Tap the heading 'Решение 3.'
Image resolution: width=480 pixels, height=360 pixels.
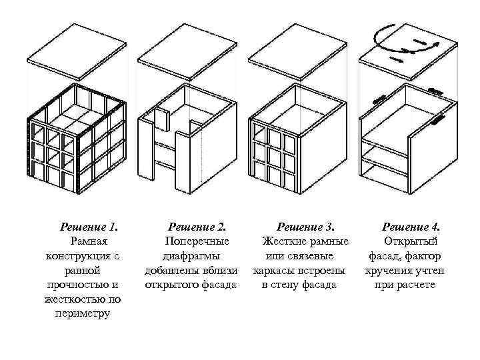click(x=305, y=227)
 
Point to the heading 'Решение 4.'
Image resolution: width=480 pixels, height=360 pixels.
click(x=409, y=227)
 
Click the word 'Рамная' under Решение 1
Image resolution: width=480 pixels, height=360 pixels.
click(x=85, y=241)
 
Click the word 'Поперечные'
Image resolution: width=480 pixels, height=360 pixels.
click(x=193, y=241)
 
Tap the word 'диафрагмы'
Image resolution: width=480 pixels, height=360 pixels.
click(x=191, y=256)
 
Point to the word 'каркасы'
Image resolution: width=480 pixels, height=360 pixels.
click(x=274, y=271)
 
